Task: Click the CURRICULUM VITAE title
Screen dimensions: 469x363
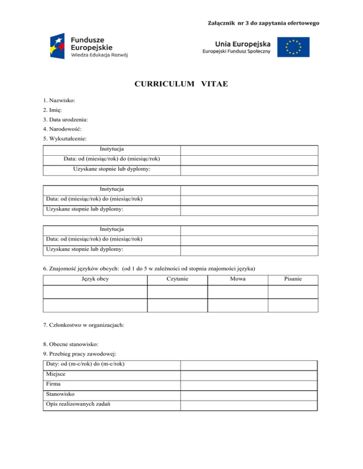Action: click(181, 84)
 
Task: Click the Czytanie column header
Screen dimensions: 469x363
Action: click(177, 279)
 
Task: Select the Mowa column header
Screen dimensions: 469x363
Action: click(238, 279)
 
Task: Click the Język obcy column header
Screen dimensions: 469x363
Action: click(95, 279)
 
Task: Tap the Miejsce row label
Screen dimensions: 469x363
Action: click(56, 374)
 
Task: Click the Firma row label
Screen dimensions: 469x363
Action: click(54, 384)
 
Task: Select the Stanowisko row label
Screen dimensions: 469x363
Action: click(60, 394)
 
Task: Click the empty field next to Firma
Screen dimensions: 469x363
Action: click(249, 385)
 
